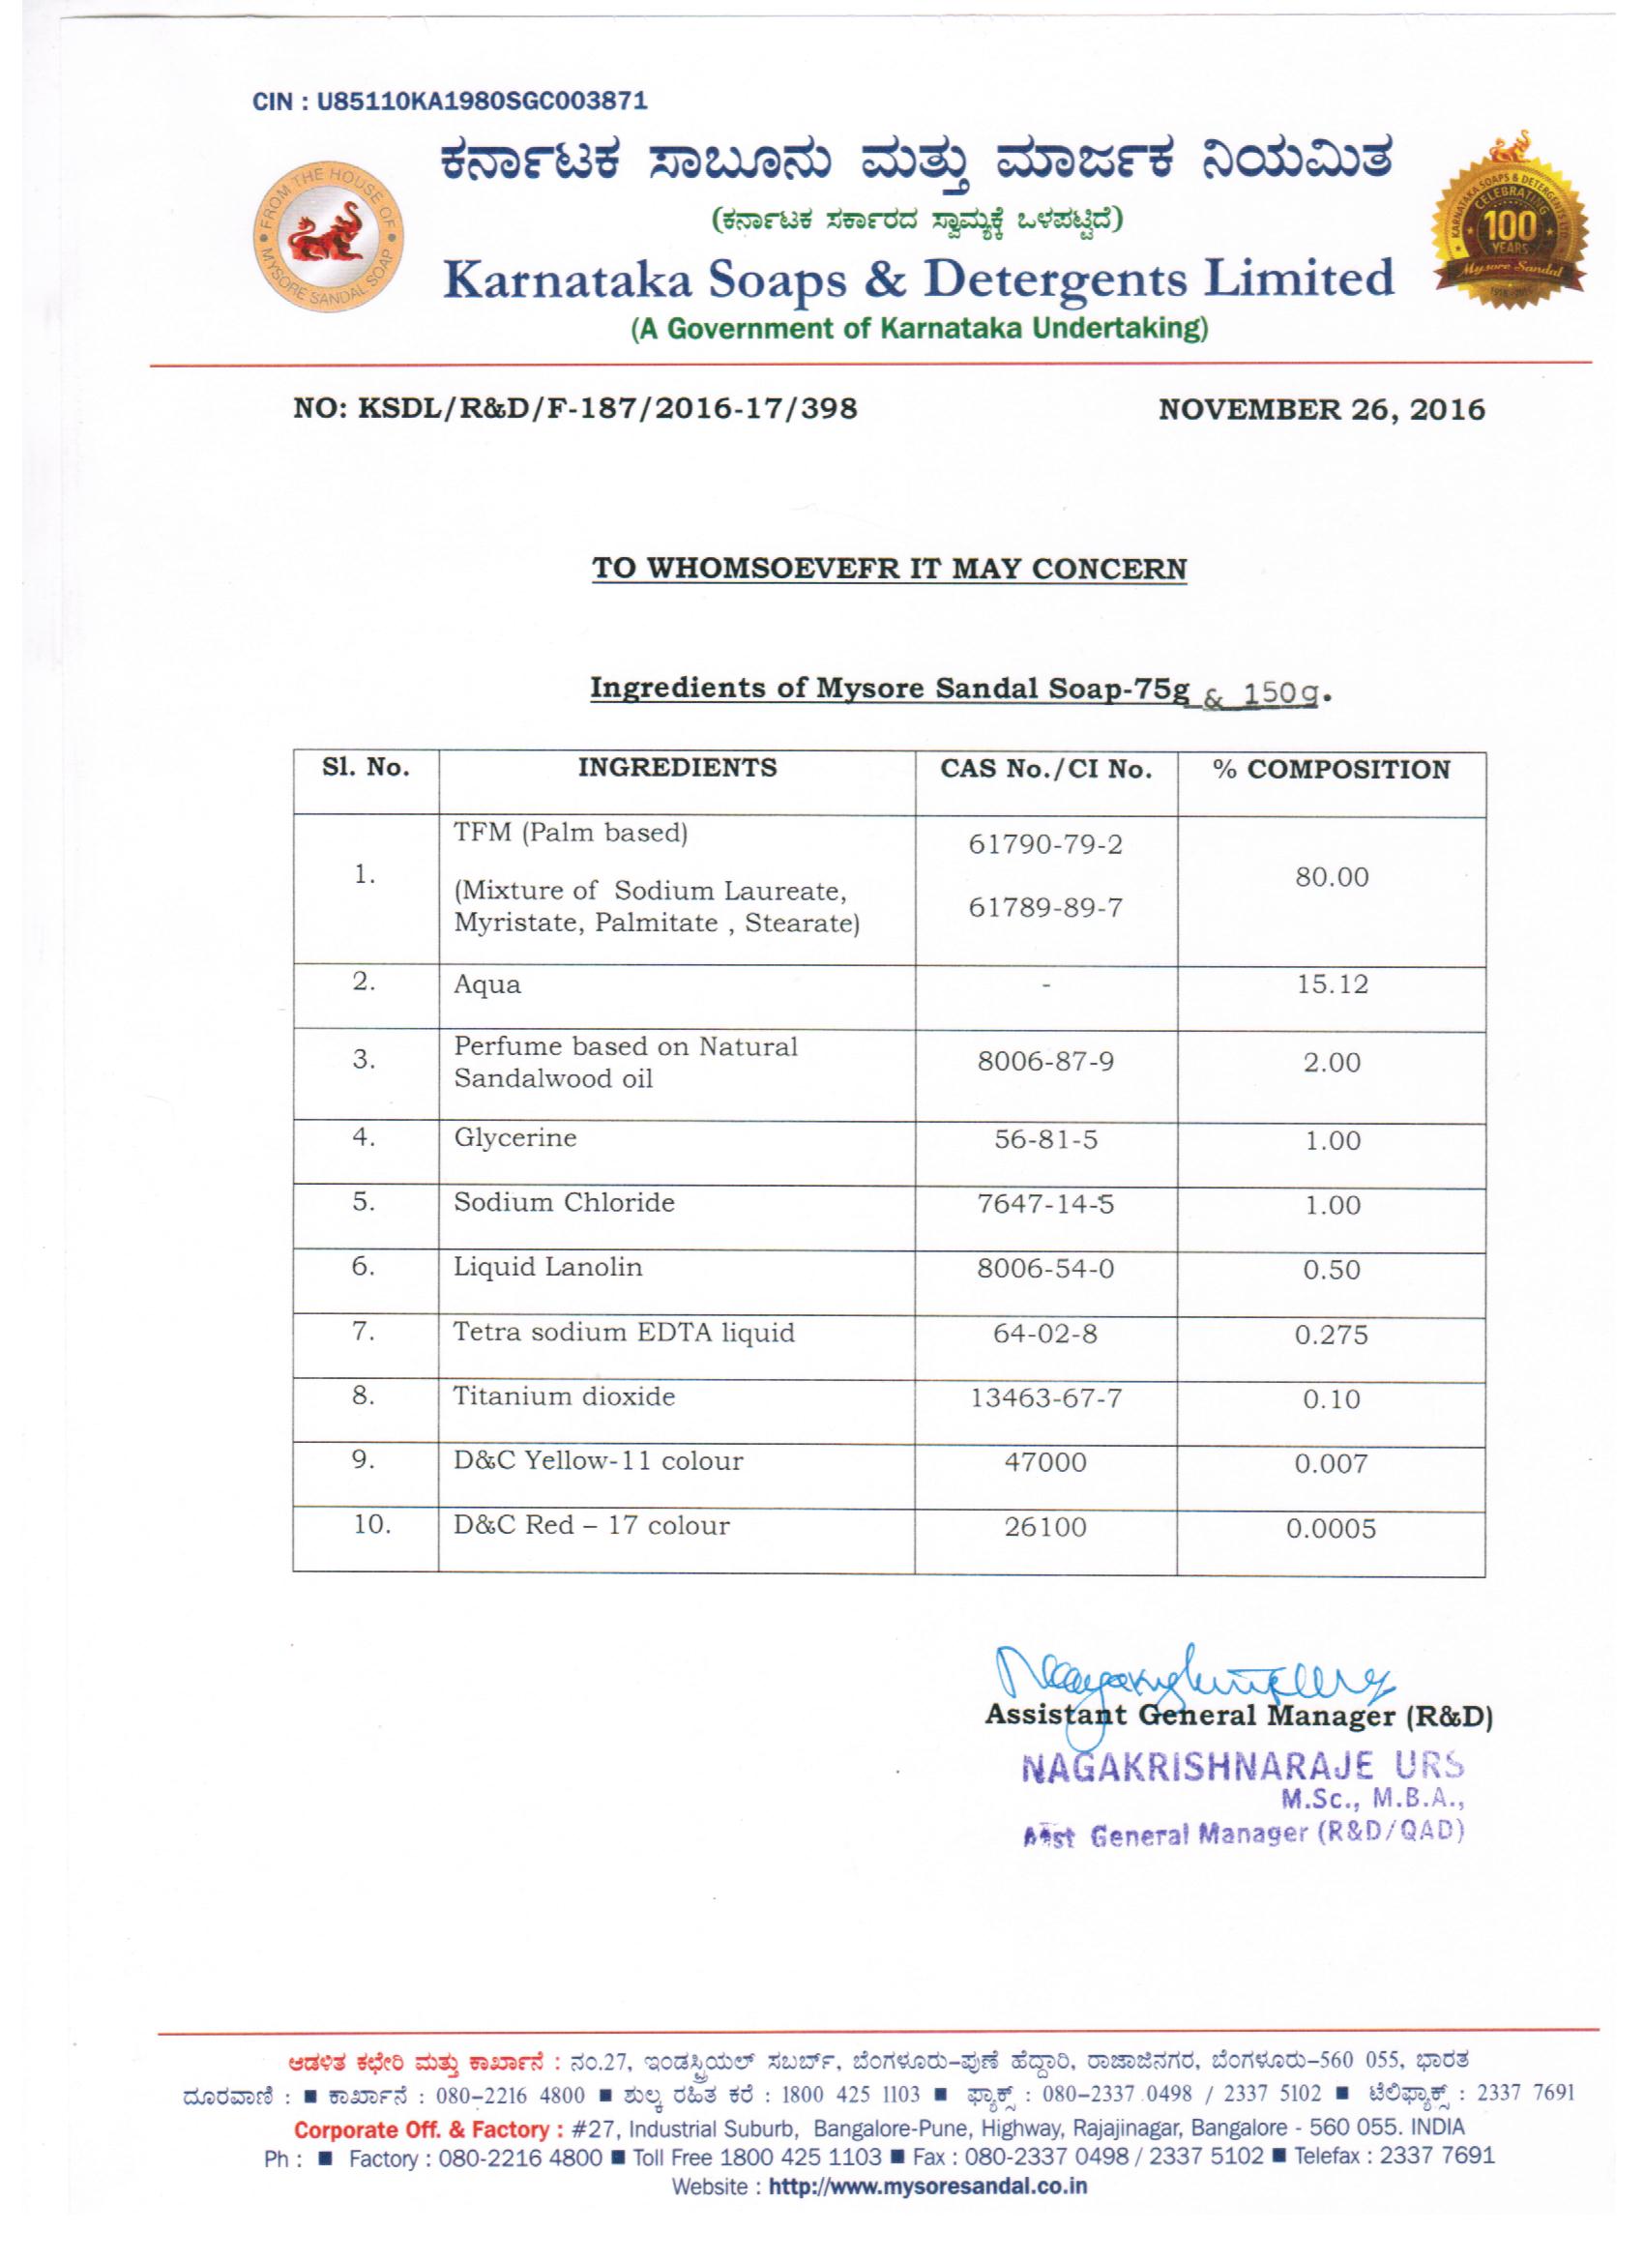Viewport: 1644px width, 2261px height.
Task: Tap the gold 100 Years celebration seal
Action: (x=1511, y=220)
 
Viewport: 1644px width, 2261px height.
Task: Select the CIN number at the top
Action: (x=451, y=101)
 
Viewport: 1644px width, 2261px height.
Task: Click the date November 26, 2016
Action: (x=1321, y=410)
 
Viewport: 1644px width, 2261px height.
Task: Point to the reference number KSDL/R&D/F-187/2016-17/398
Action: (x=575, y=409)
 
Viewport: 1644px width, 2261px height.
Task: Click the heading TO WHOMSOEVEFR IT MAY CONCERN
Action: (x=890, y=569)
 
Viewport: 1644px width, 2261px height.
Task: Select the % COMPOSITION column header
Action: (x=1331, y=770)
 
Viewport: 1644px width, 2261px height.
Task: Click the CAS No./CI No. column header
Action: (x=1045, y=770)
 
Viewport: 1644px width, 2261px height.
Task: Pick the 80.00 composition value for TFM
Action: (x=1331, y=877)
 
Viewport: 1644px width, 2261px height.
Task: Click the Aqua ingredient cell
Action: (x=487, y=984)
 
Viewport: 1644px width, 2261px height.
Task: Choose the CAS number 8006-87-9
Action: (x=1044, y=1062)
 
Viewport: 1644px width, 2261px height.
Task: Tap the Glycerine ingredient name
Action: (x=515, y=1138)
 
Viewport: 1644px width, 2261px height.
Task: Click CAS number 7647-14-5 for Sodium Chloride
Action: (x=1044, y=1204)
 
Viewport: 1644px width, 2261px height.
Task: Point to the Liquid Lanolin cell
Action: (x=548, y=1267)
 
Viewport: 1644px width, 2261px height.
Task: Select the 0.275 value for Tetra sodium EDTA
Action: (x=1331, y=1335)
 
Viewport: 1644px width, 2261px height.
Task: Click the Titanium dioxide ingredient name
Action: (x=565, y=1396)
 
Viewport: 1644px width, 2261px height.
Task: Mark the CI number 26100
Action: (x=1044, y=1527)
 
